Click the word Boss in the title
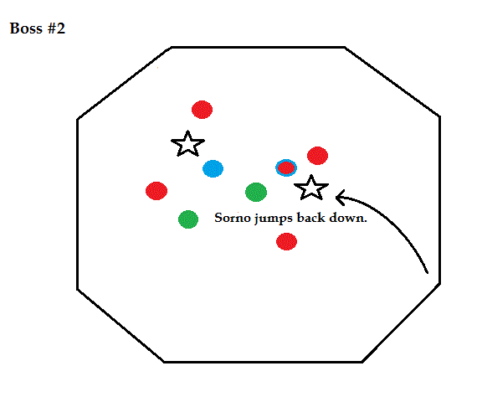click(x=26, y=28)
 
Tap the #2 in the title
click(x=56, y=28)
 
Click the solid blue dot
click(x=213, y=168)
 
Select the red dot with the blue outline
click(x=286, y=168)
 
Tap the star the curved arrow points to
click(x=311, y=188)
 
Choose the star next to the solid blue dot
click(x=187, y=144)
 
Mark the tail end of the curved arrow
click(x=428, y=272)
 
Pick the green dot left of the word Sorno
click(x=188, y=219)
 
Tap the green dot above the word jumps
click(x=256, y=193)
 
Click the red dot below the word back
click(x=286, y=241)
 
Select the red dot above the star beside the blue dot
click(x=202, y=110)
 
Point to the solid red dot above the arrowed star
click(x=317, y=156)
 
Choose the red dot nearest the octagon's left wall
click(x=156, y=191)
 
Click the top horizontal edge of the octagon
click(x=258, y=48)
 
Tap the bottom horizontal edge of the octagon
click(x=263, y=362)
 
